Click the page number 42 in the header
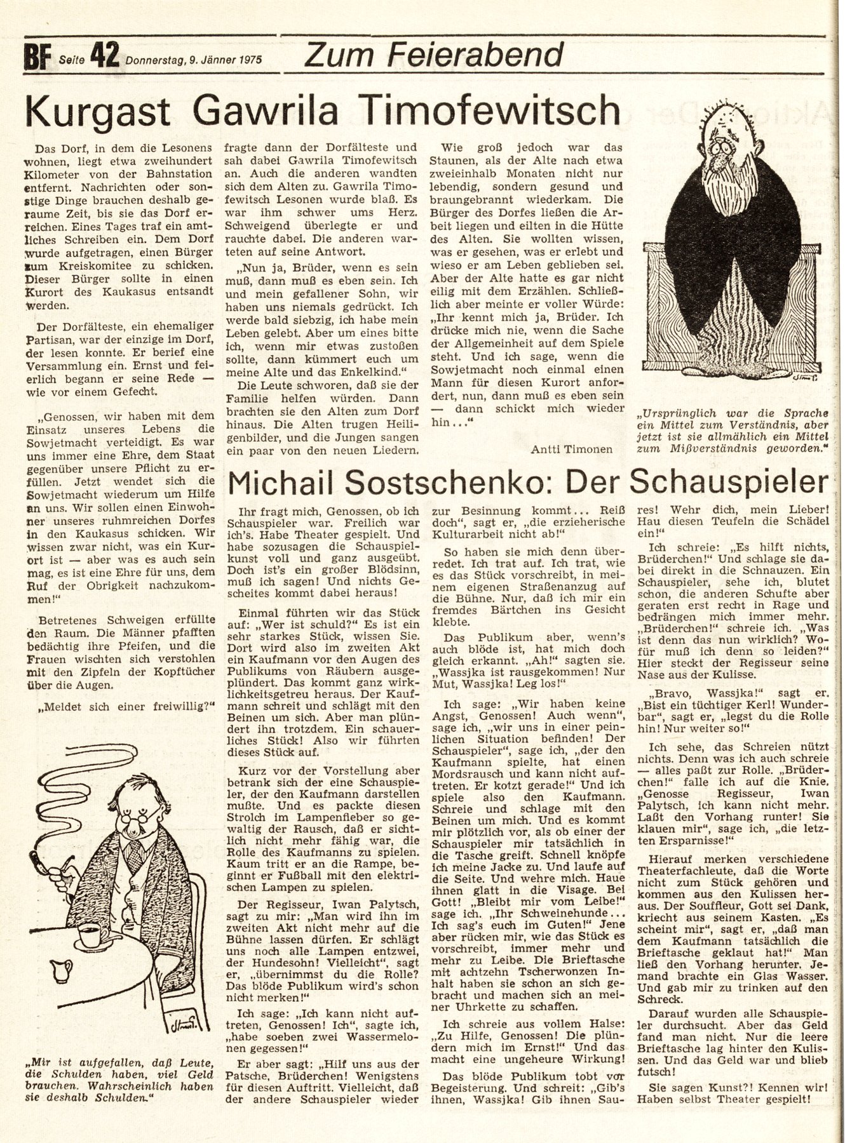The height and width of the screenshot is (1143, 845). pos(105,56)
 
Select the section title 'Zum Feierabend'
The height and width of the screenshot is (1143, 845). pos(434,54)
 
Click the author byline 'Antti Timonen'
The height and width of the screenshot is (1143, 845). pos(574,449)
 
